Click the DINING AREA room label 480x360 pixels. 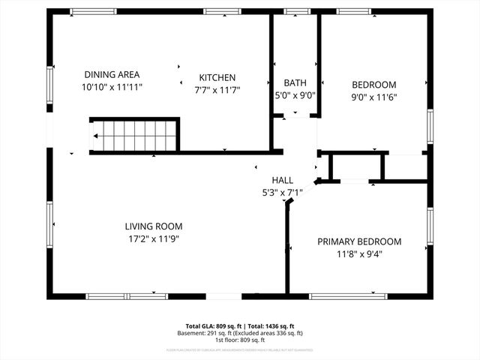[x=112, y=74]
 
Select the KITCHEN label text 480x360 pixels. [x=217, y=77]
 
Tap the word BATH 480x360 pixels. [x=295, y=82]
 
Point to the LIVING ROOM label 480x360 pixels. [x=153, y=226]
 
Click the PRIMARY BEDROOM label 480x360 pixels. [x=358, y=241]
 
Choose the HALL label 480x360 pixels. [x=283, y=180]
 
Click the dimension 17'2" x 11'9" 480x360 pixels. [x=153, y=238]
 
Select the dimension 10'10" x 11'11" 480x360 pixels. [x=112, y=87]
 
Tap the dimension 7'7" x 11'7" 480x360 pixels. [x=217, y=90]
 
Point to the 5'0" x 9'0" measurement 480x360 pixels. [x=295, y=95]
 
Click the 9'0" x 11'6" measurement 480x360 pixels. [x=374, y=97]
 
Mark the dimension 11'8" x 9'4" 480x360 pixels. [x=358, y=253]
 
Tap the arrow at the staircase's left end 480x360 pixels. [x=97, y=136]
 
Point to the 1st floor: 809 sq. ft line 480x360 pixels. [x=240, y=340]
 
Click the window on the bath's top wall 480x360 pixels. [x=295, y=11]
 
